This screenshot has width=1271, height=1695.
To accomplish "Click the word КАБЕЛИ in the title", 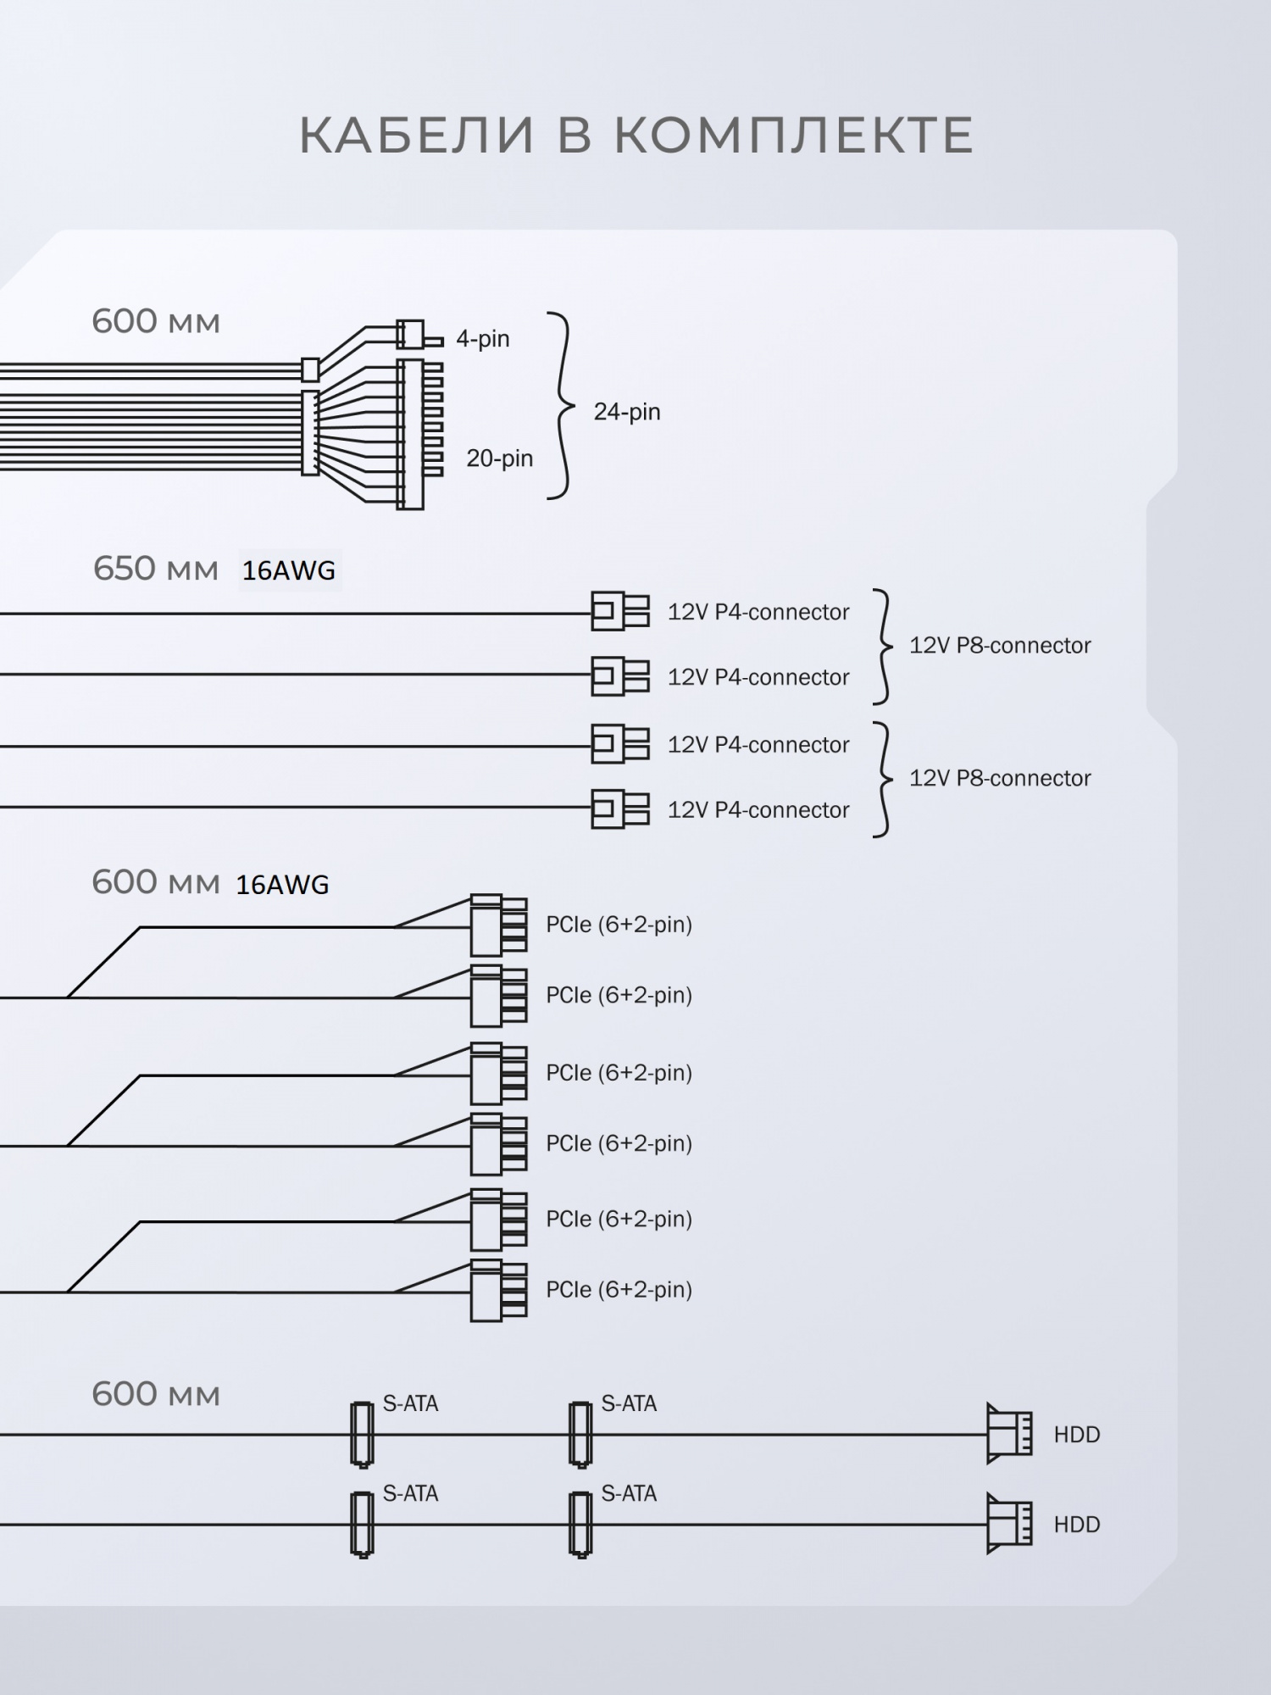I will tap(417, 136).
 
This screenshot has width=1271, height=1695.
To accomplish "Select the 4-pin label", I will tap(482, 339).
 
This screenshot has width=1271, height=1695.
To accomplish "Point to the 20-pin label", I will tap(499, 458).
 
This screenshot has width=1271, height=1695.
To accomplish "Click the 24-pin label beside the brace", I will tap(626, 412).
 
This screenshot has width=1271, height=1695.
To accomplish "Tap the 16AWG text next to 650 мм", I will tap(289, 571).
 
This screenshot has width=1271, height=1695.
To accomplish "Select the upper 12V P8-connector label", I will tap(1000, 646).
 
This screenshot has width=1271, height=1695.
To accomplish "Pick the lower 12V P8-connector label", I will tap(1000, 779).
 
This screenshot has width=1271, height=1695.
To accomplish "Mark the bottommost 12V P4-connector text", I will tap(758, 810).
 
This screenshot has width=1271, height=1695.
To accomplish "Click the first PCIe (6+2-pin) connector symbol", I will tap(498, 925).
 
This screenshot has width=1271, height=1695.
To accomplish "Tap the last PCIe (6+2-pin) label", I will tap(619, 1289).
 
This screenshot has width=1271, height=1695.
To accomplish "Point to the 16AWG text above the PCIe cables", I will tap(282, 885).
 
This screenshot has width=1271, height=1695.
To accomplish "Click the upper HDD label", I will tap(1076, 1435).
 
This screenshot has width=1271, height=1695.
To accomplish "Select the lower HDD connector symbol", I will tap(1009, 1524).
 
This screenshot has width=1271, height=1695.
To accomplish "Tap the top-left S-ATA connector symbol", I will tap(362, 1434).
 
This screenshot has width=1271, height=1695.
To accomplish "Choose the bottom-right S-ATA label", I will tap(629, 1493).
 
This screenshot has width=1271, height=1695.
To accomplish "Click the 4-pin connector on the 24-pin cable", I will tap(411, 335).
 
